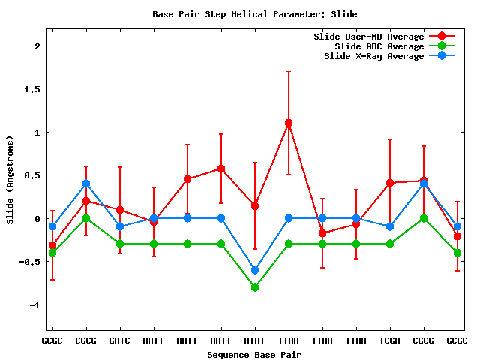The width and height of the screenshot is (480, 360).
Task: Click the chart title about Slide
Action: [254, 13]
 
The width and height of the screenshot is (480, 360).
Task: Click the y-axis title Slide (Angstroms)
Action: [10, 180]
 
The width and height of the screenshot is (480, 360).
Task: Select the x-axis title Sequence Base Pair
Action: [254, 353]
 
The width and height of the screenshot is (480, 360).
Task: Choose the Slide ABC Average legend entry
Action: [379, 46]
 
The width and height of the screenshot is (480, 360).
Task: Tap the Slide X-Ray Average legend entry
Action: [373, 56]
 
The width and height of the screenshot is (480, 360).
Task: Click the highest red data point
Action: [289, 123]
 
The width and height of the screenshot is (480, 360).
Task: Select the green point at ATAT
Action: [255, 287]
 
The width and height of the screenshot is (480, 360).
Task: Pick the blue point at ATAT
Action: [255, 270]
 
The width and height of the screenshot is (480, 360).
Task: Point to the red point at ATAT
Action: [255, 205]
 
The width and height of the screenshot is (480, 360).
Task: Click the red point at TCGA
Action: [390, 183]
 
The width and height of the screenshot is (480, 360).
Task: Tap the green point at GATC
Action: [120, 244]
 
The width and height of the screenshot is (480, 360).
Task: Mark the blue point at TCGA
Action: [390, 226]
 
